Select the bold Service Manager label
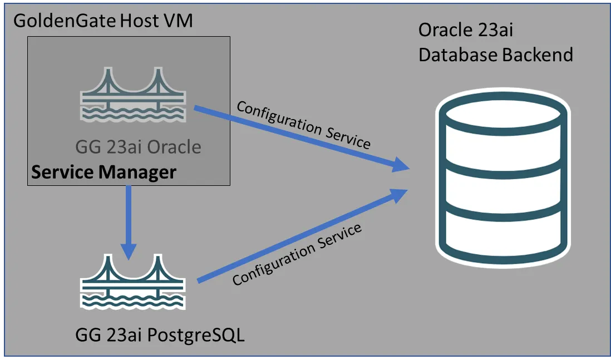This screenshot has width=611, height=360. tap(104, 172)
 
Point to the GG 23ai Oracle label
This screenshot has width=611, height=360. tap(138, 147)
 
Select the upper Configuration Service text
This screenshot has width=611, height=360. tap(303, 125)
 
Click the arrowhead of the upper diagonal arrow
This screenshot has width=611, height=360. tap(402, 165)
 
